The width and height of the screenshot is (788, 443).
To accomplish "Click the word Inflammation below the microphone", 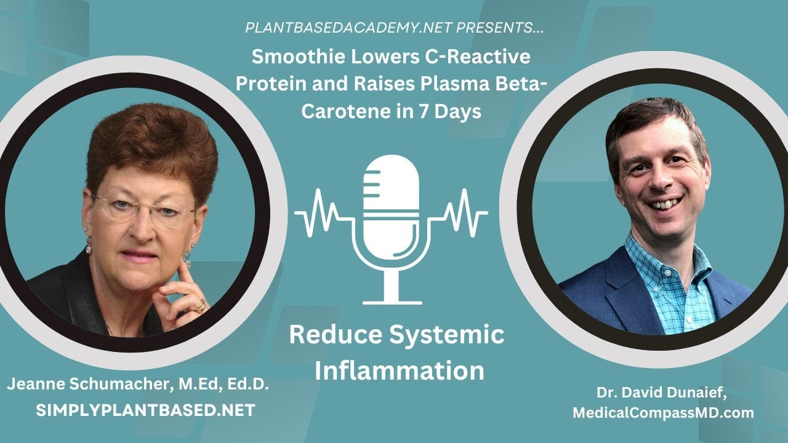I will click(399, 371).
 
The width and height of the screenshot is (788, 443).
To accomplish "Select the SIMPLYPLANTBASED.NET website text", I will click(146, 410).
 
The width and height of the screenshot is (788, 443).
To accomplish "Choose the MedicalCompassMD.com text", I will click(663, 413).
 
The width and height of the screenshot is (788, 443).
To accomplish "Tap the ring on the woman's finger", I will click(201, 304).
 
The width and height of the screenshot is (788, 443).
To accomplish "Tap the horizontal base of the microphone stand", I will click(392, 302).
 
